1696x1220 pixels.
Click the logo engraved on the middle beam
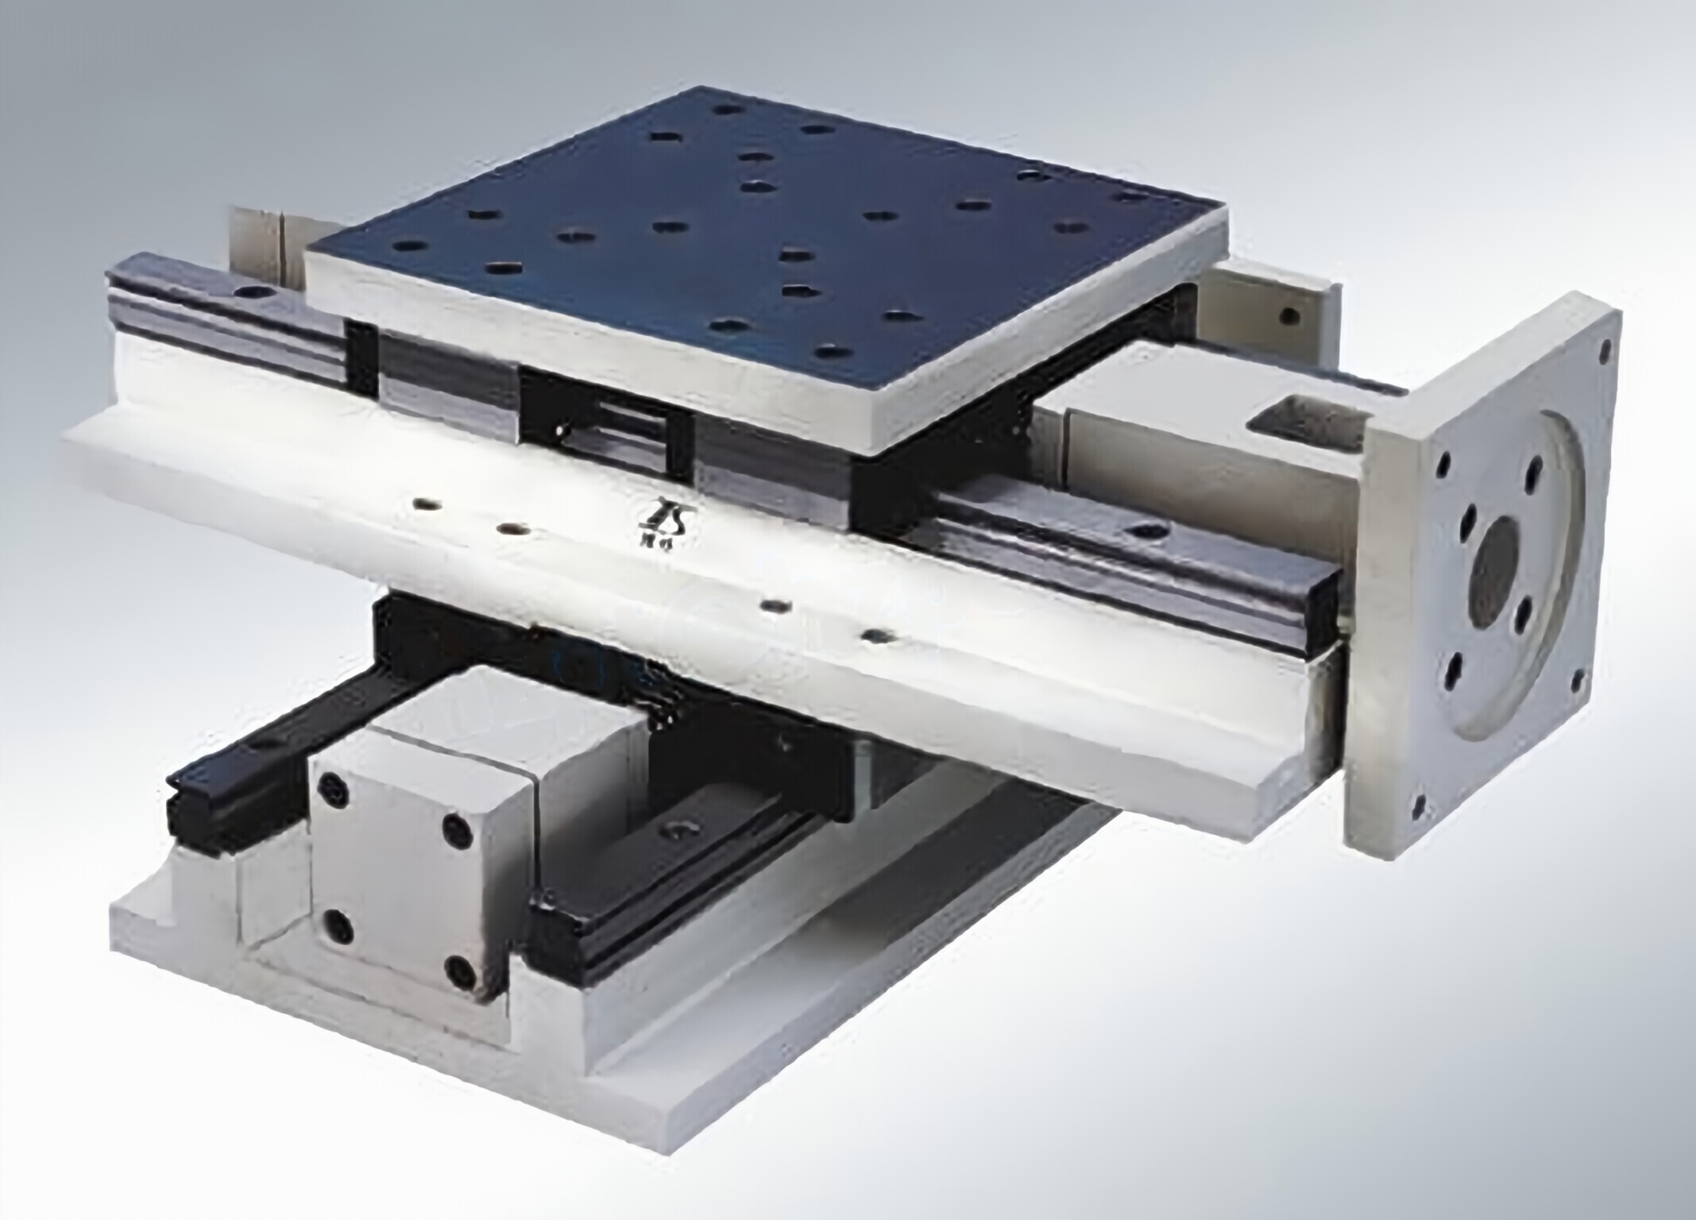point(666,521)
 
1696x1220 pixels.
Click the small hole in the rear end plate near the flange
point(1285,317)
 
